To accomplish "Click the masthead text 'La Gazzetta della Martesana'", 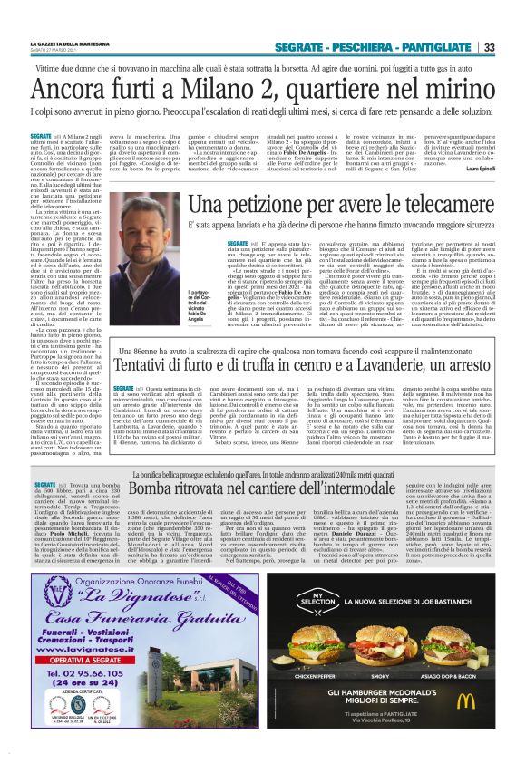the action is point(67,43).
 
